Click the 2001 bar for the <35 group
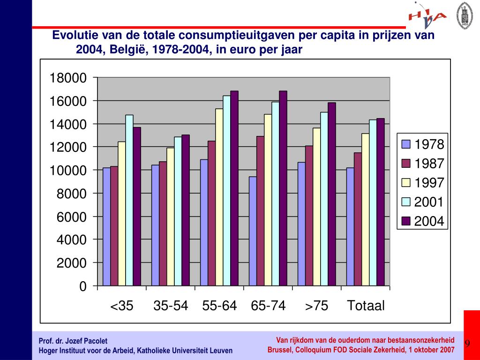click(x=129, y=200)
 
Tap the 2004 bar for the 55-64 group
click(x=234, y=188)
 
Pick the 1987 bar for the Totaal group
click(x=358, y=219)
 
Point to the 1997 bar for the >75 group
click(x=317, y=207)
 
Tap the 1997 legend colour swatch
click(x=406, y=183)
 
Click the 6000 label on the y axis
click(x=72, y=217)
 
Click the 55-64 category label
click(x=219, y=306)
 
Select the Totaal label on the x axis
click(x=366, y=306)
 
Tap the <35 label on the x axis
click(x=122, y=306)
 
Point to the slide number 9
click(x=467, y=344)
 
